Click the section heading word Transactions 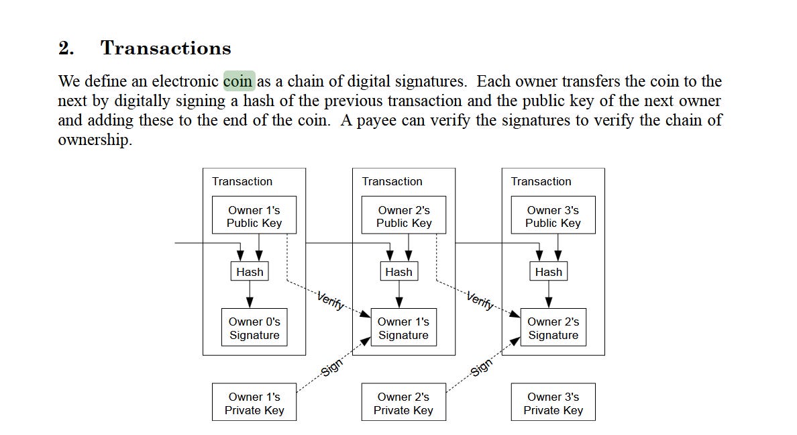coord(166,48)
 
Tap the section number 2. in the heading coord(66,48)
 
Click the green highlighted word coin coord(239,82)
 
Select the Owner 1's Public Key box coord(254,215)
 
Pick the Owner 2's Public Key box coord(404,215)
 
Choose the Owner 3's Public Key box coord(553,215)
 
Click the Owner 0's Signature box coord(254,328)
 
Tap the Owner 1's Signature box coord(403,328)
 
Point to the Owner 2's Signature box coord(553,328)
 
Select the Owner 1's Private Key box coord(254,403)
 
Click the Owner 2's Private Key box coord(403,403)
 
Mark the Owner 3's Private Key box coord(553,403)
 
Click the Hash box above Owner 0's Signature coord(250,272)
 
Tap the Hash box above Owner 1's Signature coord(398,272)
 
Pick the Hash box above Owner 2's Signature coord(548,272)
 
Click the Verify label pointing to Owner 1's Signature coord(331,300)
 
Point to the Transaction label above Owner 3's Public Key coord(541,181)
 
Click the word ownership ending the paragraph coord(94,140)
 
